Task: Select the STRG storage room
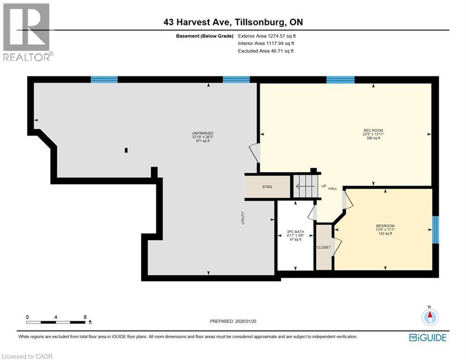click(266, 187)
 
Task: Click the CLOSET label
click(324, 247)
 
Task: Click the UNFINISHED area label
click(202, 134)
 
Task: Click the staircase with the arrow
click(305, 186)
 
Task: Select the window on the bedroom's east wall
click(435, 230)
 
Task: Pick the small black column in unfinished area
click(126, 150)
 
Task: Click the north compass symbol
click(429, 317)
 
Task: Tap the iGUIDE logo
click(427, 337)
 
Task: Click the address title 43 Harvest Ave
click(232, 22)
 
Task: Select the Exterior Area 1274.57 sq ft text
click(267, 36)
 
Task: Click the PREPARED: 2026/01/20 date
click(232, 322)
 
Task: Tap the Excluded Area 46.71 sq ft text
click(266, 51)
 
